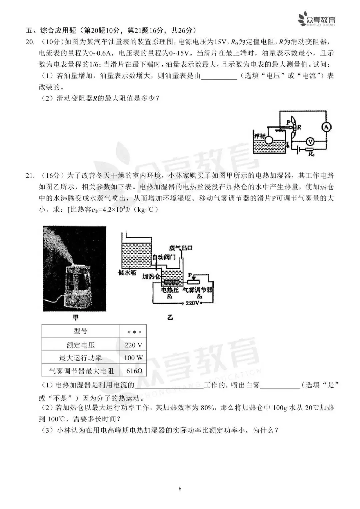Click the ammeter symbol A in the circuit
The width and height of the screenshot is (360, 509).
(327, 127)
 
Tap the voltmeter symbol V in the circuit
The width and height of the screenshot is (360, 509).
(310, 142)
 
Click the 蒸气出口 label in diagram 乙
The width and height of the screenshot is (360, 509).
(181, 248)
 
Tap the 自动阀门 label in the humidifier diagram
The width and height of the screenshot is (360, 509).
(164, 257)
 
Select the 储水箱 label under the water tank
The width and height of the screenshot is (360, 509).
(127, 272)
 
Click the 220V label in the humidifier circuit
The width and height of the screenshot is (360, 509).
(192, 303)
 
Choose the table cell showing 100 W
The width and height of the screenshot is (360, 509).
(133, 358)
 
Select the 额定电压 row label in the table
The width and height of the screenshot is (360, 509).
(80, 345)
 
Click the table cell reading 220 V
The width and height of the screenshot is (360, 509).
(133, 345)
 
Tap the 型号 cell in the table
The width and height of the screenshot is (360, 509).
(80, 331)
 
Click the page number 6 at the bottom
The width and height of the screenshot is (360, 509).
(180, 489)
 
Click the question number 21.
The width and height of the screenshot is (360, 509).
(30, 176)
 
